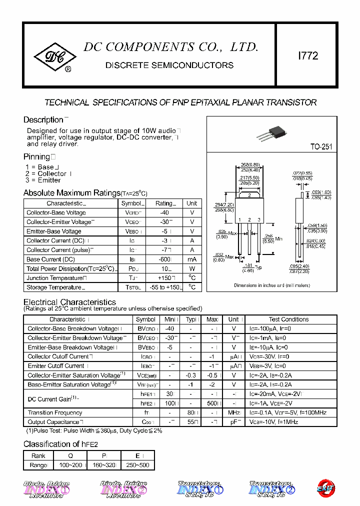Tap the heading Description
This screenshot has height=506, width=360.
tap(43, 120)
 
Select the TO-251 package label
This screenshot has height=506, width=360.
tap(321, 147)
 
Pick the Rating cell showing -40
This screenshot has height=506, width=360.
tap(164, 212)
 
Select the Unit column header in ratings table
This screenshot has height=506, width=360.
tap(191, 203)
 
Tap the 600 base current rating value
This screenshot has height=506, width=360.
tap(163, 259)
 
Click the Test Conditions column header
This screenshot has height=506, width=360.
tap(288, 319)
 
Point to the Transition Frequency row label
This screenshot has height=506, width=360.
tap(55, 412)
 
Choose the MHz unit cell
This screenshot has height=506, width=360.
tap(233, 412)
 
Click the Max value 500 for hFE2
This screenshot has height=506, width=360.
tap(211, 403)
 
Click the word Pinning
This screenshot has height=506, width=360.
tap(36, 157)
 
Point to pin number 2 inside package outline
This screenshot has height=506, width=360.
tap(249, 195)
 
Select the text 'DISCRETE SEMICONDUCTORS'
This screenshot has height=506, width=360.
tap(169, 65)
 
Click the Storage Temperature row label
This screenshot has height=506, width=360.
tap(54, 287)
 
